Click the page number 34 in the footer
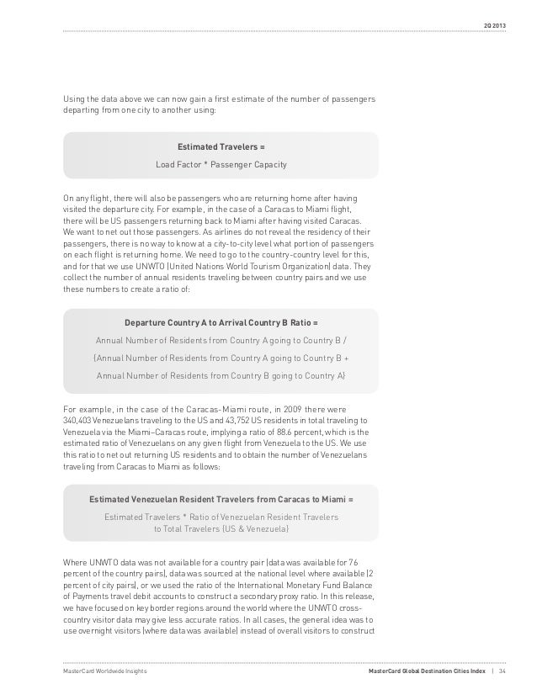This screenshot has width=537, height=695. pos(503,671)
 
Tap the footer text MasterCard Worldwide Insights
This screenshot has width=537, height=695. pos(102,671)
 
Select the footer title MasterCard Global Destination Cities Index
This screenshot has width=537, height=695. pos(428,671)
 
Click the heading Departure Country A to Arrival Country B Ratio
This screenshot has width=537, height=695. pos(221,323)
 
